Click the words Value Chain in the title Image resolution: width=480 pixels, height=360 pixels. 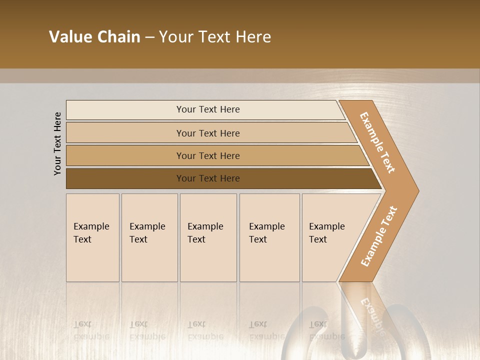click(x=94, y=37)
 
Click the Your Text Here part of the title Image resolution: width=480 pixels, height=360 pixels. click(x=215, y=37)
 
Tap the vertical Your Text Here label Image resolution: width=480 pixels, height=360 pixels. click(x=57, y=143)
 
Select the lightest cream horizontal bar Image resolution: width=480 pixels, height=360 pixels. click(x=125, y=110)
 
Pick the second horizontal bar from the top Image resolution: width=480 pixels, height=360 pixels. click(x=125, y=133)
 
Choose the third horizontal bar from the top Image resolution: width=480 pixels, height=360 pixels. click(x=125, y=155)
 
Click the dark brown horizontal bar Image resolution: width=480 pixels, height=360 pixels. click(x=125, y=178)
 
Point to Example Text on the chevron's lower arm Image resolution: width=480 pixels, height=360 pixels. click(x=378, y=236)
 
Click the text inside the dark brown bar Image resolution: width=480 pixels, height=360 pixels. click(x=208, y=178)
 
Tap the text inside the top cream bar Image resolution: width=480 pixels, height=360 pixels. click(x=208, y=109)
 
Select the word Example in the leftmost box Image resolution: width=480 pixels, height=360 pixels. click(x=91, y=226)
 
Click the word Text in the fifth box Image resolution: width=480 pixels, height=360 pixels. click(x=317, y=239)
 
